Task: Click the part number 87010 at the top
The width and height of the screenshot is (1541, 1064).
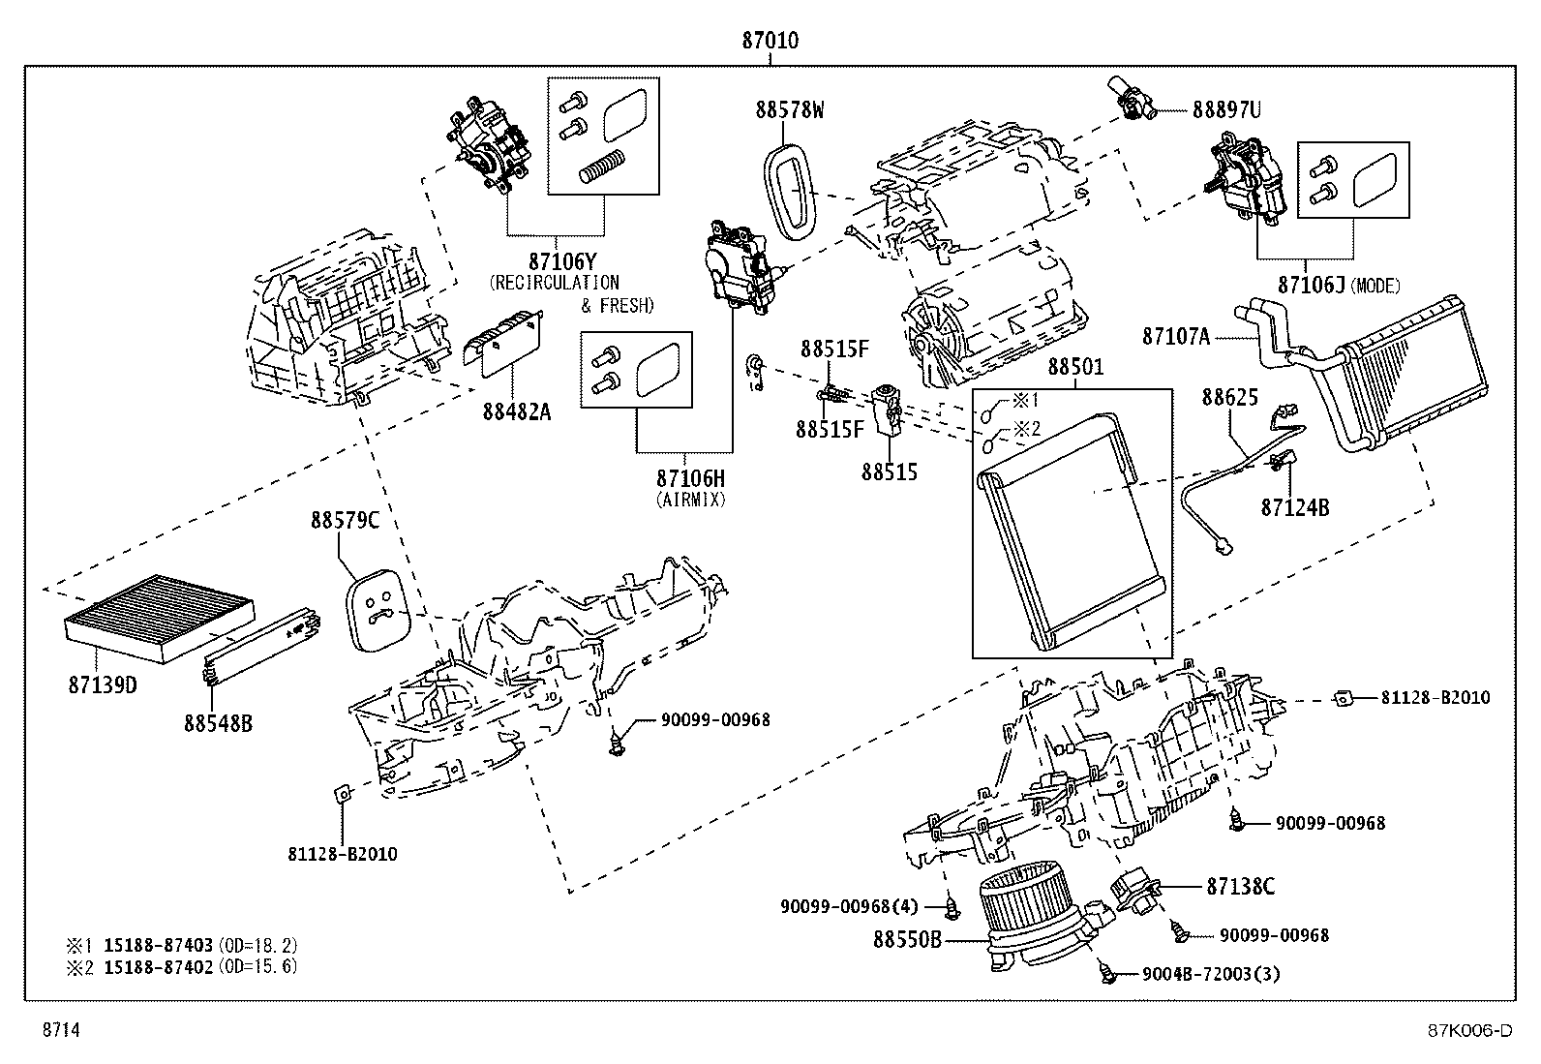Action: (770, 41)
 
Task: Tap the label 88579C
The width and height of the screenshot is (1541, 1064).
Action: (345, 520)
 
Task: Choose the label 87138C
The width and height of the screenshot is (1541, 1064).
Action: (1240, 886)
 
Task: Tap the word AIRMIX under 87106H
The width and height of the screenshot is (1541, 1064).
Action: (690, 500)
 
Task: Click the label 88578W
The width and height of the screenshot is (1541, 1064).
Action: (790, 109)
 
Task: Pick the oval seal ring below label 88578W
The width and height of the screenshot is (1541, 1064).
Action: (793, 197)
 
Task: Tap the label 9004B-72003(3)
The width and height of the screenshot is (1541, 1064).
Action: (1211, 974)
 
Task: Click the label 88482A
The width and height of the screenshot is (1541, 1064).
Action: (517, 412)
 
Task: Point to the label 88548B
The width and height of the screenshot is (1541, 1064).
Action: (219, 722)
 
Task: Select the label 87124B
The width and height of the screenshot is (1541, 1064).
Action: (1294, 506)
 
